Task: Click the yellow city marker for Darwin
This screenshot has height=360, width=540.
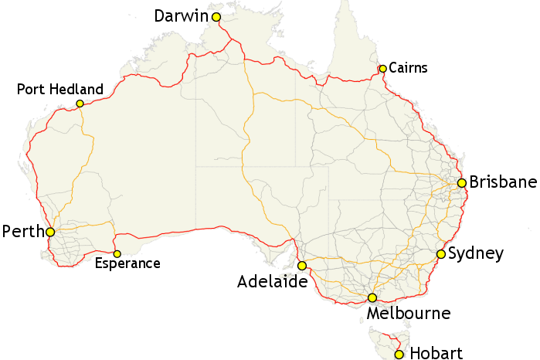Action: (216, 17)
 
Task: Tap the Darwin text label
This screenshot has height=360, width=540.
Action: (182, 16)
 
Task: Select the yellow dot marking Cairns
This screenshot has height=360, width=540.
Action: (382, 69)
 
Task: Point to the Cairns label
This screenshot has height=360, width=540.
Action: (408, 69)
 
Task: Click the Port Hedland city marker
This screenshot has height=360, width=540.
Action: (80, 104)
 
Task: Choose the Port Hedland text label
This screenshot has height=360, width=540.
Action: (59, 90)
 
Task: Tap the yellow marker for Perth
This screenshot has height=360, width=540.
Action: (50, 232)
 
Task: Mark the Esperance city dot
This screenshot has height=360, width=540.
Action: (117, 253)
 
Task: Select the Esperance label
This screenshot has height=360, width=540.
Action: (127, 264)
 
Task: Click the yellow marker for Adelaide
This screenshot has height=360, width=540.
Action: (301, 265)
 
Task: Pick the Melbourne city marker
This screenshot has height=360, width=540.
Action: (372, 297)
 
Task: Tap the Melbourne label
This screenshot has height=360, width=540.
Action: (409, 314)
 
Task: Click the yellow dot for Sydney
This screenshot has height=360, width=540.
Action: (441, 253)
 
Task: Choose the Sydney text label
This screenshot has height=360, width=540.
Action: (476, 253)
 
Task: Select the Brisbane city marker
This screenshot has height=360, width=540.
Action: (461, 183)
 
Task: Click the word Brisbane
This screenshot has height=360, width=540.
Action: (503, 183)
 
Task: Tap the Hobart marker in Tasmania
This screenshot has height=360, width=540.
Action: (399, 355)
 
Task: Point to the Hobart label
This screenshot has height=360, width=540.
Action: (436, 354)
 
